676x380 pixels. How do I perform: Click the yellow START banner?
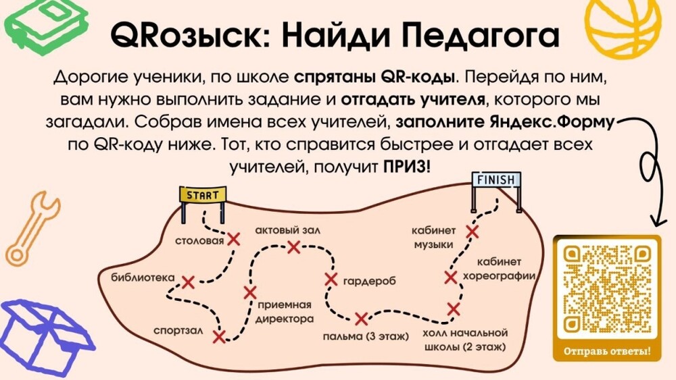coord(202,195)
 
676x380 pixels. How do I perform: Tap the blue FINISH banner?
coord(497,180)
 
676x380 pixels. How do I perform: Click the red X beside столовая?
coord(233,238)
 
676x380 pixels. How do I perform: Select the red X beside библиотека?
coord(188,281)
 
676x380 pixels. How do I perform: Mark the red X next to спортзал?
coord(219,335)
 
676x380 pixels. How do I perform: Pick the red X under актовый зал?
coord(293,247)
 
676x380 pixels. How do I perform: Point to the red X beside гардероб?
coord(331,279)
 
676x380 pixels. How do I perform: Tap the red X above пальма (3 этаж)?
coord(360,319)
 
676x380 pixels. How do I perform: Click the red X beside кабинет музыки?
coord(473,232)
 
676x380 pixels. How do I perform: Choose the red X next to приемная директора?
coord(250,292)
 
